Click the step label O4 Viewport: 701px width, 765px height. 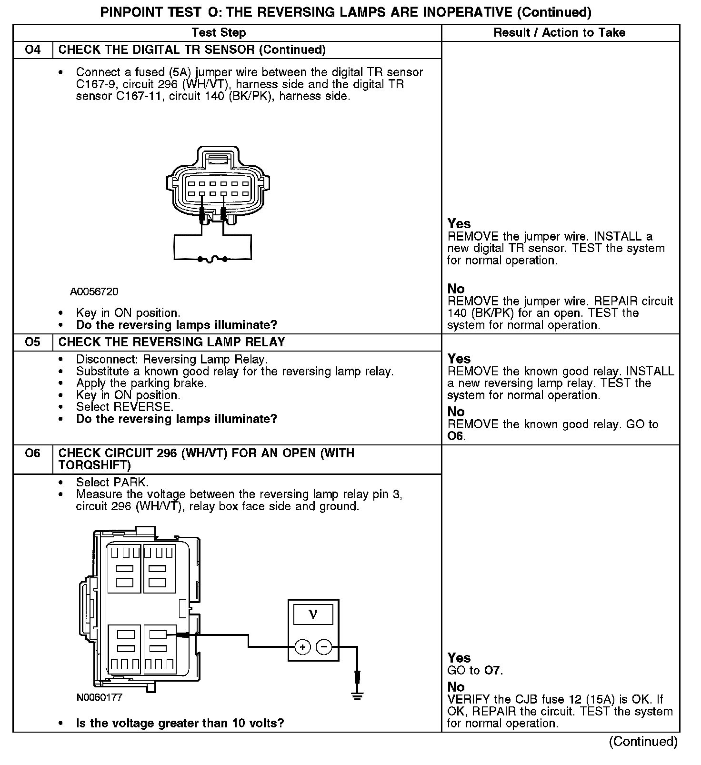32,50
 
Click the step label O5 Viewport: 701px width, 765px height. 32,342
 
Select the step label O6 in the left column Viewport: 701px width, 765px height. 32,453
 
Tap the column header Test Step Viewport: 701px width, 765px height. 219,33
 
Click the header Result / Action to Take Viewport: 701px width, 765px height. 560,33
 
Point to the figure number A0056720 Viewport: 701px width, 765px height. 94,292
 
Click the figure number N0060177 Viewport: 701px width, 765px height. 100,698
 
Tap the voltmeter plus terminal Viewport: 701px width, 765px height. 303,647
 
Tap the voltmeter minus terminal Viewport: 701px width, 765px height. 324,647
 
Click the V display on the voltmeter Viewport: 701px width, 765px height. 313,614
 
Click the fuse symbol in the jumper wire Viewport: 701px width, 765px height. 212,259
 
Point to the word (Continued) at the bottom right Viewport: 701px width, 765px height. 643,742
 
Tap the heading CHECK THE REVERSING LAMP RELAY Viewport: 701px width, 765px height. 172,342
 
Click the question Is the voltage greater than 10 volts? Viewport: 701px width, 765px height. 180,724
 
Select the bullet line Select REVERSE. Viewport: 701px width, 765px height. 125,407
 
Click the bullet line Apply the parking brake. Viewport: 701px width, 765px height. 141,383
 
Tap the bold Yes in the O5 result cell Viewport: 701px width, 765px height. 459,359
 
